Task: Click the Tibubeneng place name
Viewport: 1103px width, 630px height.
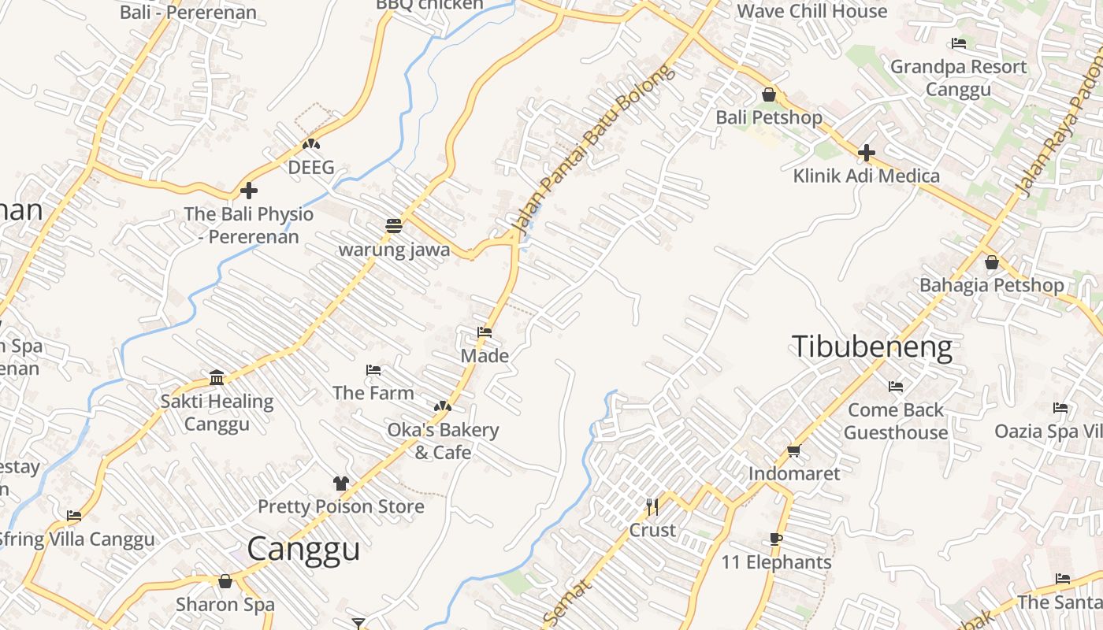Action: tap(871, 347)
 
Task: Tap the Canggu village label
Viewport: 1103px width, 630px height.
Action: tap(303, 549)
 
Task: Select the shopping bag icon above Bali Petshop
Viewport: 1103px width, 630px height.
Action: tap(769, 95)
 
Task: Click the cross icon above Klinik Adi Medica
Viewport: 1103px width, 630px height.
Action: tap(867, 152)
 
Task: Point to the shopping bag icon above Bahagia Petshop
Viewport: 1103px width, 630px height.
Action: tap(992, 262)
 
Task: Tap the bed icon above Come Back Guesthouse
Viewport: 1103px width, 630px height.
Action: tap(896, 387)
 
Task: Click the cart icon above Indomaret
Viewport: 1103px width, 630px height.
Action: tap(793, 451)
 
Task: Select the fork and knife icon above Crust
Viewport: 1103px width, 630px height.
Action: tap(652, 506)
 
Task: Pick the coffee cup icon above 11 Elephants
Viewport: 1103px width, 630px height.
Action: tap(775, 539)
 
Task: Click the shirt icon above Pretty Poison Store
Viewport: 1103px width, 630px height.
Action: tap(340, 483)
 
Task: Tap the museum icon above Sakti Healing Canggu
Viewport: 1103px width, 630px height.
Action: tap(217, 378)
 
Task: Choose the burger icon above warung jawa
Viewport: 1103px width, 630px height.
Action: tap(394, 226)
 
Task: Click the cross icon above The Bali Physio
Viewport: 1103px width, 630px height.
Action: tap(249, 191)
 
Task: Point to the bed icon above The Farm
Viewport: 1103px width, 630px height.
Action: tap(373, 370)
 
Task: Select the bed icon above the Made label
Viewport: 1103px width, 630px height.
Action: tap(485, 332)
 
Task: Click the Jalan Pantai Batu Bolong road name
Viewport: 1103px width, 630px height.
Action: tap(593, 150)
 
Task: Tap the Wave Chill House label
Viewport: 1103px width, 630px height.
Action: tap(811, 11)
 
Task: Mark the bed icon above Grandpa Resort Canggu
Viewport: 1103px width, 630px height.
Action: tap(959, 43)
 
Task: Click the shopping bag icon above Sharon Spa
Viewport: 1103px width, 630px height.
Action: tap(225, 582)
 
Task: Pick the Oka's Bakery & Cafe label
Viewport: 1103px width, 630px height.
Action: tap(443, 441)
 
